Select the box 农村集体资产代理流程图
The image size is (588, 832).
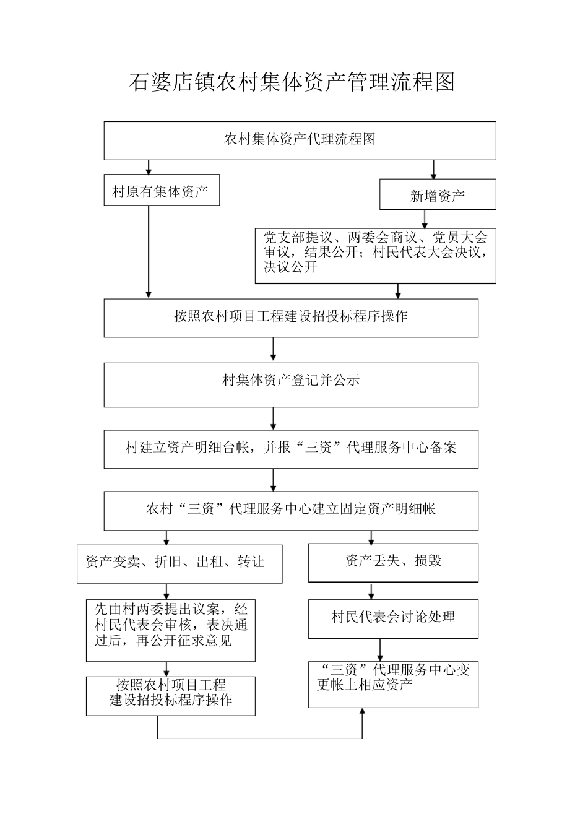click(x=300, y=141)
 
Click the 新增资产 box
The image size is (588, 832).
click(x=438, y=196)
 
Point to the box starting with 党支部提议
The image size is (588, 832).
click(x=375, y=256)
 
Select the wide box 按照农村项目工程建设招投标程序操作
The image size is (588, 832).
click(x=290, y=318)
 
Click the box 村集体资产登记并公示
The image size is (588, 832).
click(x=290, y=384)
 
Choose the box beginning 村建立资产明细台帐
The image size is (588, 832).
click(x=290, y=448)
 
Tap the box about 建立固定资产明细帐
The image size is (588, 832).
click(x=290, y=510)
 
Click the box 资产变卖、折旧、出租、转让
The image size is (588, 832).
click(x=179, y=563)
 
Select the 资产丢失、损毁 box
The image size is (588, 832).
click(x=393, y=562)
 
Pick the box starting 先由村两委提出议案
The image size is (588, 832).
click(x=170, y=629)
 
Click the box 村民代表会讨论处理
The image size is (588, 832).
click(x=393, y=618)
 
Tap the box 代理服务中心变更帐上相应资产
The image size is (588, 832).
click(x=393, y=683)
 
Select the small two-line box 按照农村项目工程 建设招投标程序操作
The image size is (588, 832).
click(x=170, y=695)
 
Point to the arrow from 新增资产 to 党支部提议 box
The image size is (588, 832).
click(x=424, y=219)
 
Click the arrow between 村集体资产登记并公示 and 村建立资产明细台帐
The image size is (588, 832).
click(x=273, y=418)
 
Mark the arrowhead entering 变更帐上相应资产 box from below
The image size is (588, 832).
click(x=362, y=713)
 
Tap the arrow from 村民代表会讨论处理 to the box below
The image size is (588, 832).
click(x=380, y=649)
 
